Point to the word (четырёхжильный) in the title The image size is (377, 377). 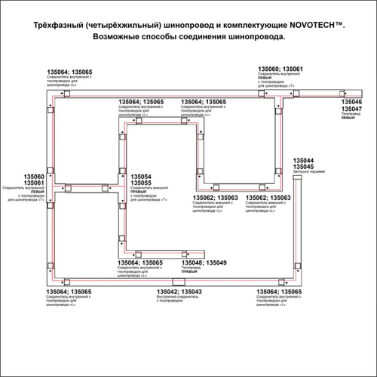tap(125, 25)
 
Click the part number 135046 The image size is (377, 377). tap(351, 101)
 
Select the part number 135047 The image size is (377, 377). tap(351, 109)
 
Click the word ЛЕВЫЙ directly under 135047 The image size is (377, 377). tap(348, 115)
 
